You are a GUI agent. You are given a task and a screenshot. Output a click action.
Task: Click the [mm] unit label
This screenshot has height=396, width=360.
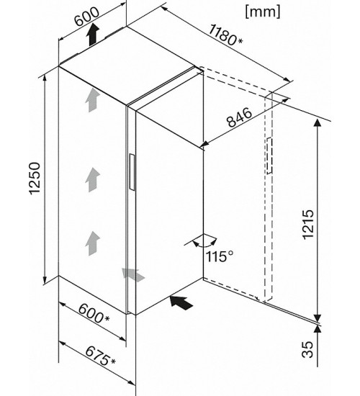point(263,12)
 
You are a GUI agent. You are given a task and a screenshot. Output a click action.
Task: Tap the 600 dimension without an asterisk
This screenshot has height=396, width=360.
point(86,17)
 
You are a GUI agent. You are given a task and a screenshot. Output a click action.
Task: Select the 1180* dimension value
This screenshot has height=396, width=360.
point(225,35)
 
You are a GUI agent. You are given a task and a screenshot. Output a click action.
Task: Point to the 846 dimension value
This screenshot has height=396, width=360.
point(240,117)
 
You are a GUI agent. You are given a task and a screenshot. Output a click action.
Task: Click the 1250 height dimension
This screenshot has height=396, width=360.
point(35,179)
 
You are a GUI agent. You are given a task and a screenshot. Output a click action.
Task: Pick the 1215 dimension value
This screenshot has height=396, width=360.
point(308,225)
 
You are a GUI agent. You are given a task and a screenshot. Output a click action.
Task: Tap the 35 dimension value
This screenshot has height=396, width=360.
point(307,349)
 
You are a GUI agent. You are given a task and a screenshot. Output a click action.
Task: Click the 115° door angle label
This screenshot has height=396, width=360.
point(220,256)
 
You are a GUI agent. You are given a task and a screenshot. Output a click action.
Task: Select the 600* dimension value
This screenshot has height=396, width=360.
point(94,313)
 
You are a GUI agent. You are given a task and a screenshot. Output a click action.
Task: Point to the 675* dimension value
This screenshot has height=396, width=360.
point(100,356)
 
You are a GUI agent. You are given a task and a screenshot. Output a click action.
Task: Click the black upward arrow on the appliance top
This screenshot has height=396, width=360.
point(92,35)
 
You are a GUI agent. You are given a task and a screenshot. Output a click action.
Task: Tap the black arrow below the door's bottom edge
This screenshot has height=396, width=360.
point(181,302)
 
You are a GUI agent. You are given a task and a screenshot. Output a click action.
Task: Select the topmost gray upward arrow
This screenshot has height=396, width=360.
point(92,100)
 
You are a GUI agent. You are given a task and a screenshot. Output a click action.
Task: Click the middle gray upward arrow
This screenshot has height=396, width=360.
point(92,180)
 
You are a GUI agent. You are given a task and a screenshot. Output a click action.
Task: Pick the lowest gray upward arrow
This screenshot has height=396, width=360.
point(92,243)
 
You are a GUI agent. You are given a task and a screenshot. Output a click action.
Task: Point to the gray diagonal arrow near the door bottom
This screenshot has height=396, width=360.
point(133,274)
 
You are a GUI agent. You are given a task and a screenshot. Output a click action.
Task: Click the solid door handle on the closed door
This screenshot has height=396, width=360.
point(132,172)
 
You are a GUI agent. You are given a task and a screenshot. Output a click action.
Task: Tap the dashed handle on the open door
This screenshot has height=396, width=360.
point(269,156)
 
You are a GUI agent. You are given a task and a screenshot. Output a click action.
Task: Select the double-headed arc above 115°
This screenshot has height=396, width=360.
point(204,240)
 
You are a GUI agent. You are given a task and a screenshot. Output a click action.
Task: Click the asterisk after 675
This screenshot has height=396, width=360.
point(113,361)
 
